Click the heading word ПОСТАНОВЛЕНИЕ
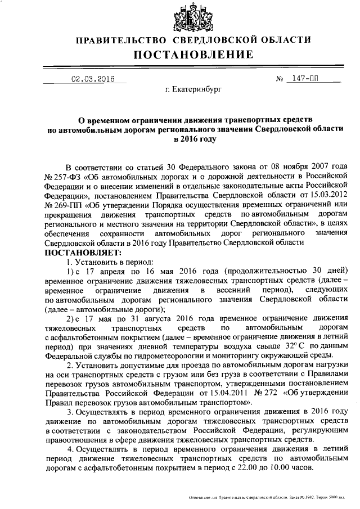point(193,55)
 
